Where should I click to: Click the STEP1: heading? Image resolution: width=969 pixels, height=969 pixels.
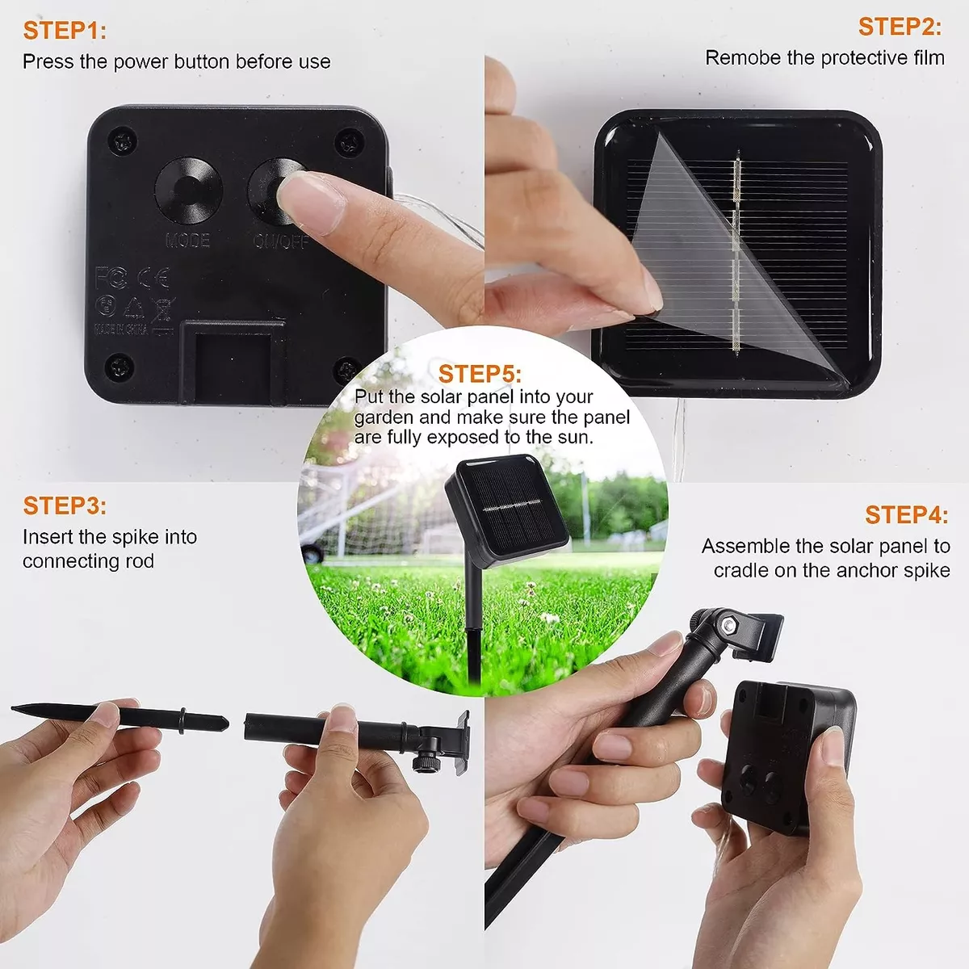(x=65, y=31)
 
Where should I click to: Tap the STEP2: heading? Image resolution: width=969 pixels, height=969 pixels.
(x=900, y=27)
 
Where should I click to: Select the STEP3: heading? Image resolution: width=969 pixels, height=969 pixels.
(x=65, y=506)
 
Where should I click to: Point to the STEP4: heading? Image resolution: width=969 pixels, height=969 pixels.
(x=906, y=515)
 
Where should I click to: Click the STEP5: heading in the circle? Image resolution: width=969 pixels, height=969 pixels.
(x=480, y=374)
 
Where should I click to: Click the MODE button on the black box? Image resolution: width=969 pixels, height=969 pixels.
(x=188, y=191)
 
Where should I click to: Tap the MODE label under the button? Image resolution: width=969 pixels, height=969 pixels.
(x=187, y=241)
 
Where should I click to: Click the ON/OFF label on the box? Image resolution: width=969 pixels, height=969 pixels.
(x=280, y=241)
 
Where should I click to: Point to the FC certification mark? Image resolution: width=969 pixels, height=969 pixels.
(x=111, y=278)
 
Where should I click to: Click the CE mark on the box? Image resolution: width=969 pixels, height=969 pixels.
(x=153, y=279)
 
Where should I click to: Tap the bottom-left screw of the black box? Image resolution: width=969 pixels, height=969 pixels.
(x=120, y=368)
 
